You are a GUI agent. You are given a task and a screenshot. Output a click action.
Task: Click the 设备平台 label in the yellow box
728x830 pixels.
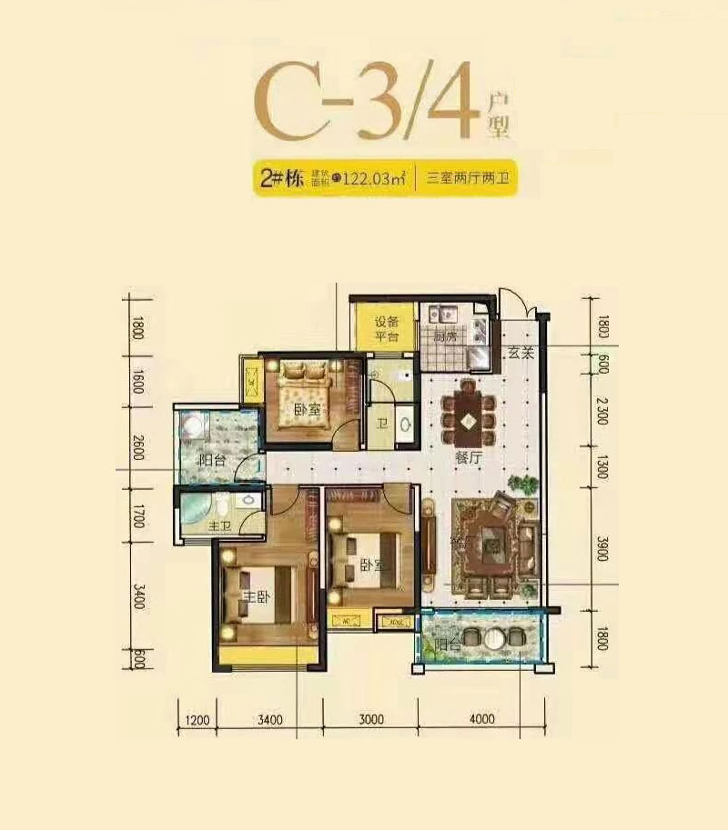[385, 327]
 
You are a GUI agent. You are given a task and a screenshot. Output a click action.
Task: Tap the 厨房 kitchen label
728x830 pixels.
[444, 336]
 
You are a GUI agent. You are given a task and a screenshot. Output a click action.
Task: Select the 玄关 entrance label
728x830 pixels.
[520, 354]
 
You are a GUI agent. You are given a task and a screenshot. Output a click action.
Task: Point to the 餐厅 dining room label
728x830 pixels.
[468, 459]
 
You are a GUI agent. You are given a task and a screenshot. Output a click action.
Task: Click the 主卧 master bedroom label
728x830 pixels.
[254, 596]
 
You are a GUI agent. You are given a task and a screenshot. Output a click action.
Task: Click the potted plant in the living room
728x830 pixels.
[522, 485]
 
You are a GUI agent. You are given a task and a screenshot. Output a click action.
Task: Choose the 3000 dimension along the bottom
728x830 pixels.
[370, 720]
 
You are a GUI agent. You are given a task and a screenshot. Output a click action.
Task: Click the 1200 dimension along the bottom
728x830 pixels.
[197, 720]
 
